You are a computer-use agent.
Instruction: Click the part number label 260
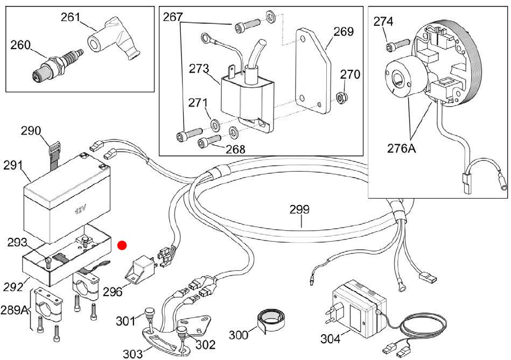20,45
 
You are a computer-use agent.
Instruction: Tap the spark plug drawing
58,65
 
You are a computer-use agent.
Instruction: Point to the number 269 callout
344,32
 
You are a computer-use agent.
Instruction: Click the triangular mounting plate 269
313,70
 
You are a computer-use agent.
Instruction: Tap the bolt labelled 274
397,45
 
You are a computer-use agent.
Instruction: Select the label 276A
402,148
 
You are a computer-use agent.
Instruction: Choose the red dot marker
122,245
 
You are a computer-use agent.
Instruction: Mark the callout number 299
299,209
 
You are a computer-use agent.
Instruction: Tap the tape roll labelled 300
270,320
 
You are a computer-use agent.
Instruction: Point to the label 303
132,354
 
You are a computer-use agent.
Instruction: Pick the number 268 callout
235,149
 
